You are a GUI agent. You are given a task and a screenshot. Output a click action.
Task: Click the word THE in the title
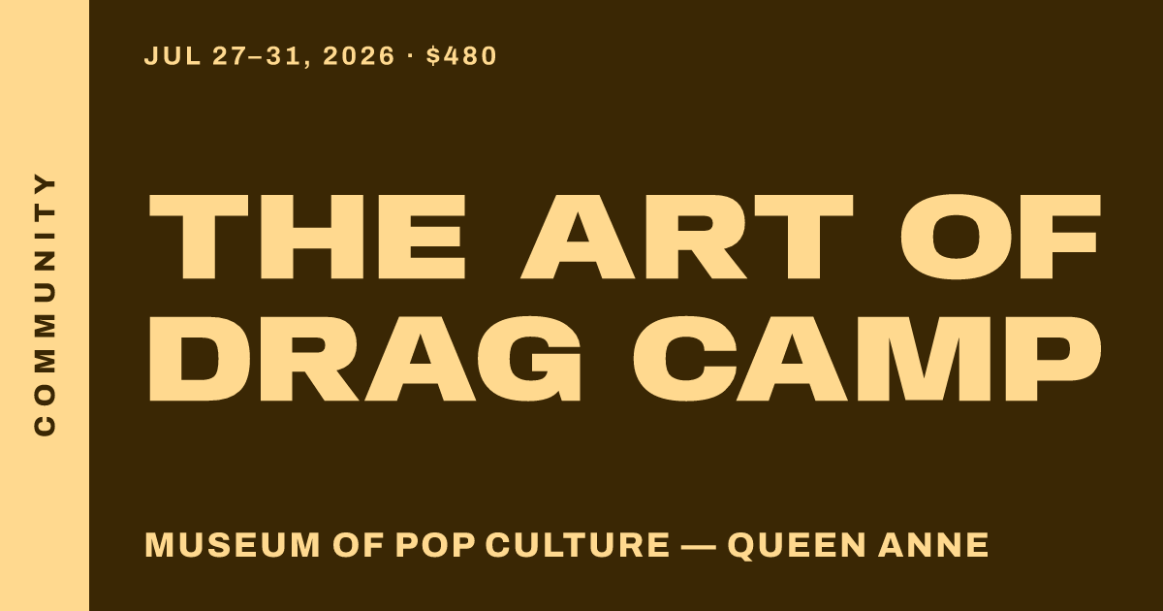[307, 237]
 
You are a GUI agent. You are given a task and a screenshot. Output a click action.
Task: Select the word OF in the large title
[1000, 237]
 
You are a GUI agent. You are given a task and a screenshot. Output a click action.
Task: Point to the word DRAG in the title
[364, 359]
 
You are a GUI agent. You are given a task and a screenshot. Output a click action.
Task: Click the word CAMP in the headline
[866, 359]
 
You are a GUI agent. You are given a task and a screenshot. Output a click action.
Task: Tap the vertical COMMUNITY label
[45, 305]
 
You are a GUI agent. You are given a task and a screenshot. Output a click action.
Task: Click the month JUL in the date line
[173, 56]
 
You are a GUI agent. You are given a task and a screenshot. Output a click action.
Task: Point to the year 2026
[359, 56]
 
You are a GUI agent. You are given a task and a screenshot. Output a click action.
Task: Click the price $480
[461, 56]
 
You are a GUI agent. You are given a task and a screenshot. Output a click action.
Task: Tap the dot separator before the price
[410, 55]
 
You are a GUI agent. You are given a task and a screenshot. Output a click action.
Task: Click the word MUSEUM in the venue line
[233, 545]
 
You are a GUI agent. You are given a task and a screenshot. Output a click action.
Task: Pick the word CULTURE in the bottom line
[578, 545]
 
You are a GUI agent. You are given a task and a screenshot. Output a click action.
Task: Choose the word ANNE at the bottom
[933, 545]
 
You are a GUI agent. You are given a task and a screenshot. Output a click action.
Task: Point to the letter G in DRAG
[534, 359]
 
